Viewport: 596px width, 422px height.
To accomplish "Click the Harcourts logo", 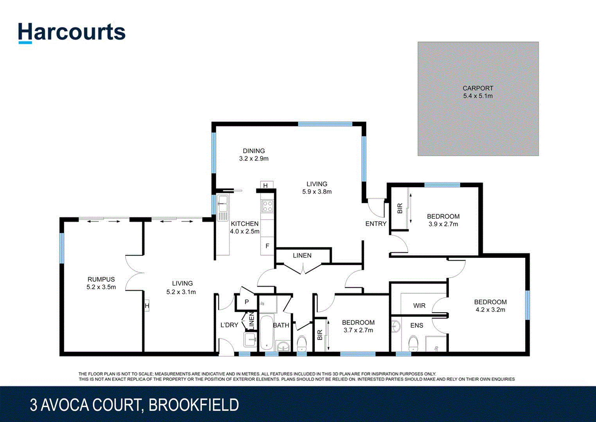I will point(72,32).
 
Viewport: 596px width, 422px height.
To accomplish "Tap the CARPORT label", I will point(478,88).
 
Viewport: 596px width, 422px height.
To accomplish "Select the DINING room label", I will point(254,151).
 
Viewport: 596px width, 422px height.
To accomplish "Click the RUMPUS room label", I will point(101,279).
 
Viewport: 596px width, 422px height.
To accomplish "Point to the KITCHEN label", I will point(244,224).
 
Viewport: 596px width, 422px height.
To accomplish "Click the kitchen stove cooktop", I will point(267,206).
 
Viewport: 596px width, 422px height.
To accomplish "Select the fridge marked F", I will point(267,246).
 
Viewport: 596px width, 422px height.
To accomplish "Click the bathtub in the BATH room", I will point(267,332).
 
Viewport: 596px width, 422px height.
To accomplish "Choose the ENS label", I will point(417,325).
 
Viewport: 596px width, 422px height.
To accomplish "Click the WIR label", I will point(419,306).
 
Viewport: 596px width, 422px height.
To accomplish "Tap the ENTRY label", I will point(375,224).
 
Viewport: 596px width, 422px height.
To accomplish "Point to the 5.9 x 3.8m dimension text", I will point(317,192).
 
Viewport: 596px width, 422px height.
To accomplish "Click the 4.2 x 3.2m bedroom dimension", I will point(490,310).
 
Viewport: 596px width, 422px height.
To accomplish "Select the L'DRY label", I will point(229,325).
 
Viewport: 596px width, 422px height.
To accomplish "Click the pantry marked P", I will point(247,302).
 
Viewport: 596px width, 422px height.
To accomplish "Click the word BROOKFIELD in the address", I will point(194,405).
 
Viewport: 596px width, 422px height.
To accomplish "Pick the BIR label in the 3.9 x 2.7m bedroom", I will point(400,209).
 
